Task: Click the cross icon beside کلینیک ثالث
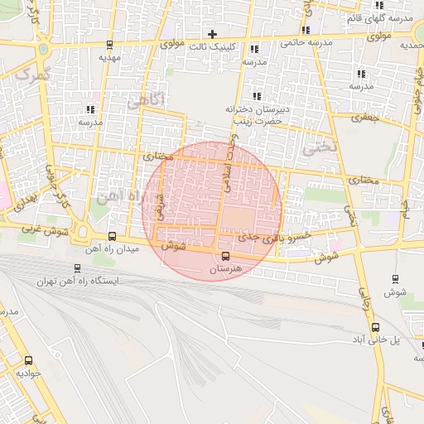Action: point(213,35)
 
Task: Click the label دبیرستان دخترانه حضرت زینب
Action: point(254,114)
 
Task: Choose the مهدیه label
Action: point(109,58)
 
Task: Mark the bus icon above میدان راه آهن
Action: point(112,236)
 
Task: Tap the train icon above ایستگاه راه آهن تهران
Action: point(77,268)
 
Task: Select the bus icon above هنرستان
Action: point(226,255)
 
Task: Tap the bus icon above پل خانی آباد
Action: point(376,328)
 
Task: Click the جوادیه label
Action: point(29,373)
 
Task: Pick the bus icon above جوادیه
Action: point(29,361)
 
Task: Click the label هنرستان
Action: point(225,270)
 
